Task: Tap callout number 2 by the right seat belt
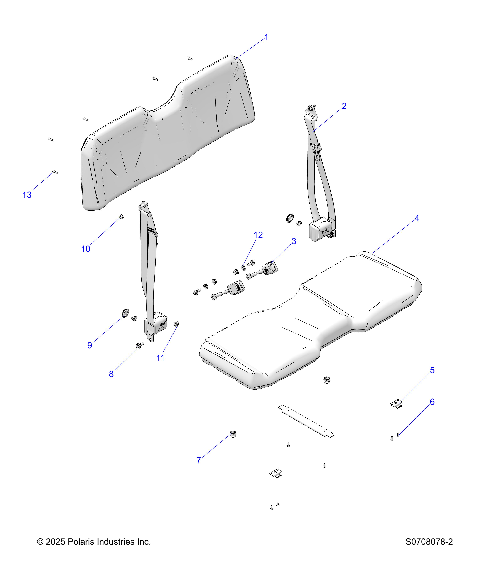(x=344, y=106)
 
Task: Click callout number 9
(x=90, y=345)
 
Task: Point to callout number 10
(x=86, y=249)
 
